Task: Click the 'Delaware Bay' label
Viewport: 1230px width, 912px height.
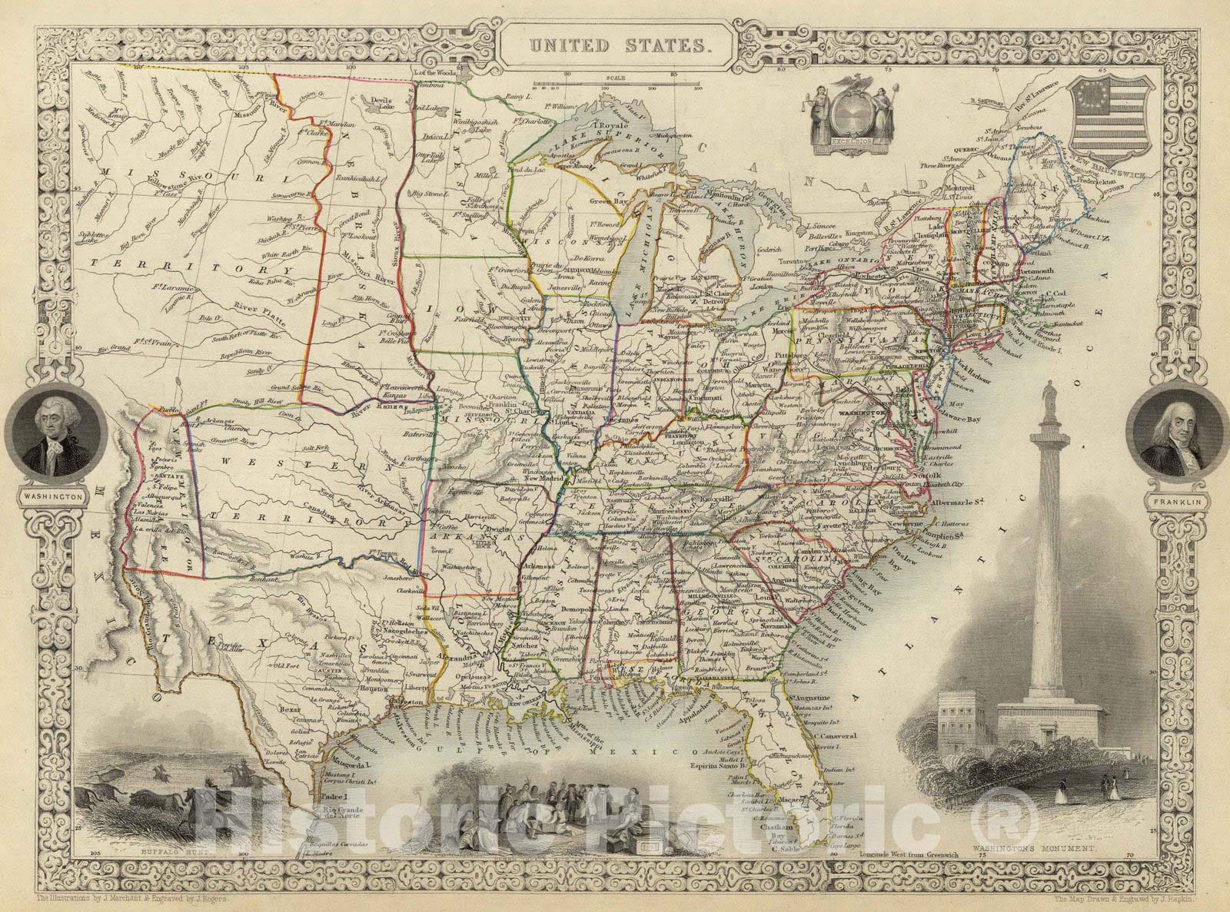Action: (978, 419)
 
